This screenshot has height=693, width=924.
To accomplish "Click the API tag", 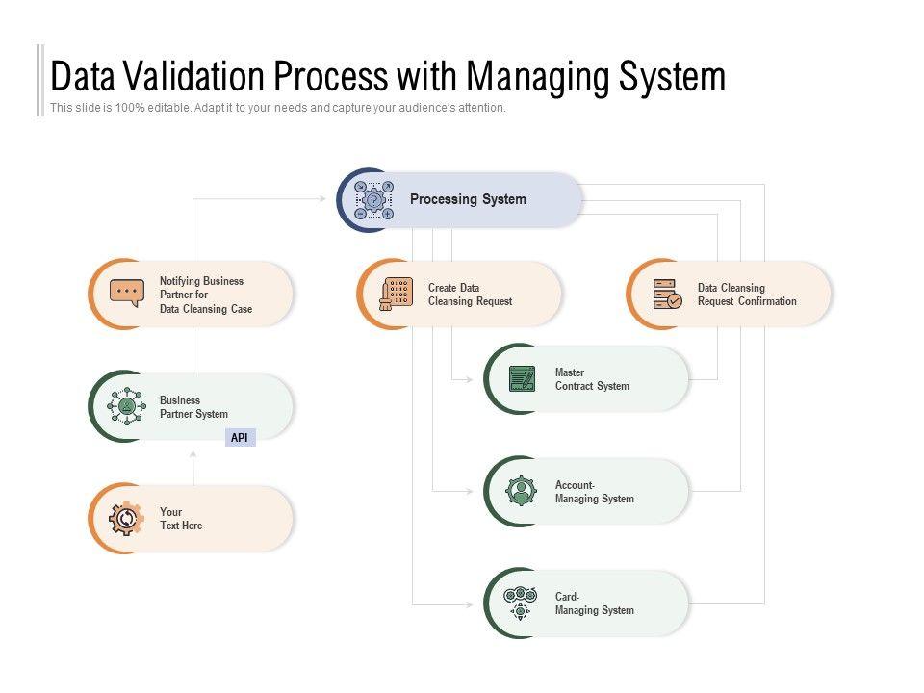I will [x=240, y=438].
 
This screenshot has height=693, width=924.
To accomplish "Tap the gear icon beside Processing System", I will [x=373, y=200].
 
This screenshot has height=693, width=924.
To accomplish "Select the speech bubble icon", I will [x=127, y=293].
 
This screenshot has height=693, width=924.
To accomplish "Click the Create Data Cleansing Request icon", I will [x=396, y=294].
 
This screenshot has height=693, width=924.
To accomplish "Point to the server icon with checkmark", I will [x=667, y=294].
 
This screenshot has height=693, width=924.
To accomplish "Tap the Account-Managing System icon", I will [x=522, y=491].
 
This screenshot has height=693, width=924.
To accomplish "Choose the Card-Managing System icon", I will [x=521, y=603].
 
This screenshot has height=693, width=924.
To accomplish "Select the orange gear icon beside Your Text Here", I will [x=126, y=519].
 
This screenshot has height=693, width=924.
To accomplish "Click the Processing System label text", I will [x=468, y=199].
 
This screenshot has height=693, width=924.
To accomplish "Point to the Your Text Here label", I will [x=181, y=519].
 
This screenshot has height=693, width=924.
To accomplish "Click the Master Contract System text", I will [x=592, y=379].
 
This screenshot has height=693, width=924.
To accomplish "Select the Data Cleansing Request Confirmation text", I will [x=747, y=295].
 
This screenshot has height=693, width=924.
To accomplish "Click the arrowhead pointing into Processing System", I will [x=323, y=199].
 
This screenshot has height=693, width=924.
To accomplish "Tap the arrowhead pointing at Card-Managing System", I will [x=470, y=603].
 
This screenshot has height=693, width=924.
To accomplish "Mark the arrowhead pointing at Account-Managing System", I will [x=470, y=491].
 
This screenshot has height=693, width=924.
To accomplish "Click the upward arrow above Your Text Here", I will [x=193, y=454].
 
